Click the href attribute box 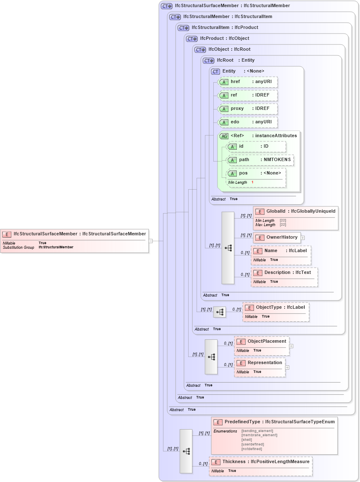[247, 82]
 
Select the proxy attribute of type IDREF [247, 109]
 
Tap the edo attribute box [247, 122]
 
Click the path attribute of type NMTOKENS [260, 160]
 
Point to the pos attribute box [256, 173]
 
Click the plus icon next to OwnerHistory [303, 238]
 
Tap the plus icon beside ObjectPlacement [291, 346]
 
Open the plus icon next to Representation [287, 367]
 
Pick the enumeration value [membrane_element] [259, 435]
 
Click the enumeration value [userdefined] [252, 444]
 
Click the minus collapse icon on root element [150, 241]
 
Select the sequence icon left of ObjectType [219, 312]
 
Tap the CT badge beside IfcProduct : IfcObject [192, 39]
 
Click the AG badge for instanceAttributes [224, 136]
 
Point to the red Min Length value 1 [252, 182]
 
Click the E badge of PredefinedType [218, 422]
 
